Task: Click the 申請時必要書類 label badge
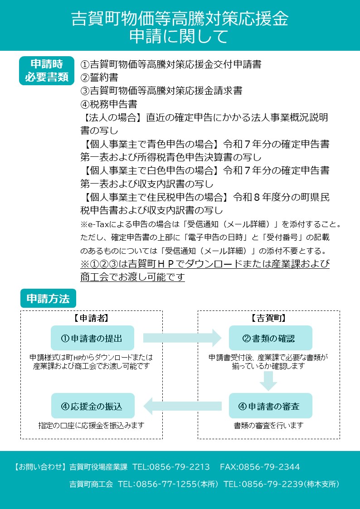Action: point(47,71)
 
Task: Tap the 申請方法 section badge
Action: point(48,299)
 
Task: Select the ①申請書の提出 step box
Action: point(92,338)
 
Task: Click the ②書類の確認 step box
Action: point(270,338)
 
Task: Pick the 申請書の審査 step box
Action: point(270,406)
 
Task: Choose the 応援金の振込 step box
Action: point(92,406)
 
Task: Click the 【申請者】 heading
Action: point(91,318)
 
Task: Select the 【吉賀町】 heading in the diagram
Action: point(269,318)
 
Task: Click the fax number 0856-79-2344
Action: point(269,467)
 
